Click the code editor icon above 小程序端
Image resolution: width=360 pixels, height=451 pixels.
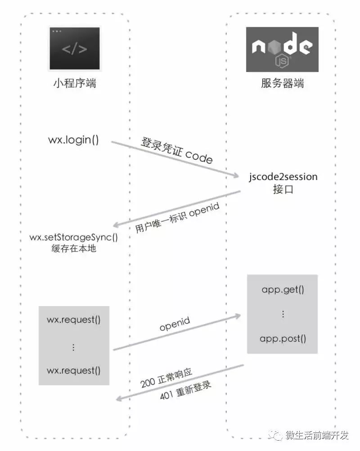click(x=74, y=49)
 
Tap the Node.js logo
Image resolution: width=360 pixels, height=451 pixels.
click(x=282, y=49)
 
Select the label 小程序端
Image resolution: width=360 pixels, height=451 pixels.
click(x=74, y=83)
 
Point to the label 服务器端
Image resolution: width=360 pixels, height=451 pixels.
click(x=282, y=83)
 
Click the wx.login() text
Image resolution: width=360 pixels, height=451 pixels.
click(x=73, y=140)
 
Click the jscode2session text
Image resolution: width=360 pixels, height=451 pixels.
click(x=283, y=176)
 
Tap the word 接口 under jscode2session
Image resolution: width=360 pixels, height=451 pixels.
click(x=283, y=189)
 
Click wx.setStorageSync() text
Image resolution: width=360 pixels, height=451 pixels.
click(x=74, y=237)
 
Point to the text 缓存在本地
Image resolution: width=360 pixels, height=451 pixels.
click(x=74, y=248)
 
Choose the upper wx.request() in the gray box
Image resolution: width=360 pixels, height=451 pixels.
click(x=74, y=320)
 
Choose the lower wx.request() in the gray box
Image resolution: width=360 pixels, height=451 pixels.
click(x=74, y=370)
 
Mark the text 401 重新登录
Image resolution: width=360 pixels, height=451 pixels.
click(x=185, y=390)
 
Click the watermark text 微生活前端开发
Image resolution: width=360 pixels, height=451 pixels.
click(x=317, y=435)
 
